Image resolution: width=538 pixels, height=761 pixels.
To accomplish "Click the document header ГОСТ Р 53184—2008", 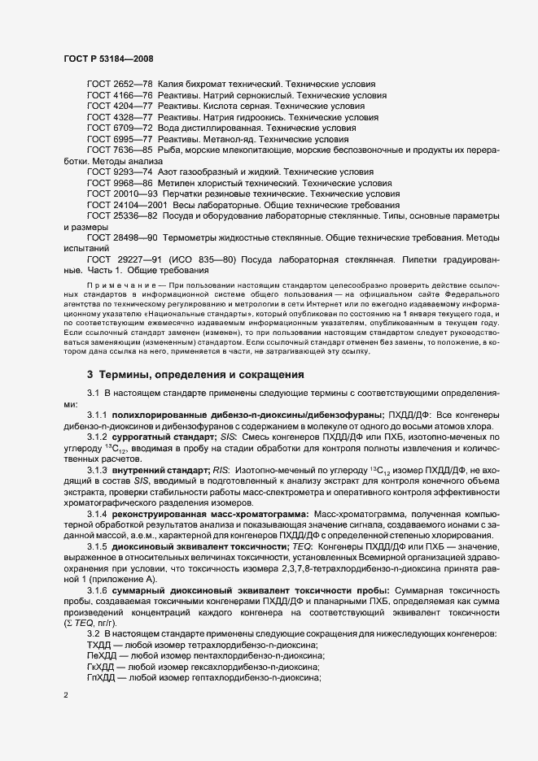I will pyautogui.click(x=108, y=59).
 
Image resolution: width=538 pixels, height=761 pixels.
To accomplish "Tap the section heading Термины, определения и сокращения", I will pyautogui.click(x=190, y=375).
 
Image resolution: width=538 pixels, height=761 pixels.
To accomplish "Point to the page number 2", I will pyautogui.click(x=67, y=696).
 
